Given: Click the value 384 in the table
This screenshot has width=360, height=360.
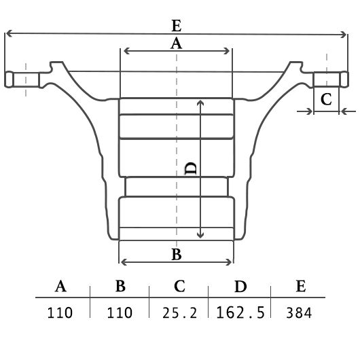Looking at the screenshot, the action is tap(299, 312).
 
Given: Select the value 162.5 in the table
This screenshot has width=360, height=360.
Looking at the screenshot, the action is tap(240, 312).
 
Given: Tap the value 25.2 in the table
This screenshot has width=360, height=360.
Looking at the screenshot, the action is tap(179, 312).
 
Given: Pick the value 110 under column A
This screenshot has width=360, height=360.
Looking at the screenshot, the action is tap(60, 312).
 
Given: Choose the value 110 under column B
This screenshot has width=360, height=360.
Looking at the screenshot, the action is tap(120, 312).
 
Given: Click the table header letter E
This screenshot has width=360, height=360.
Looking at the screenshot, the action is tap(301, 286).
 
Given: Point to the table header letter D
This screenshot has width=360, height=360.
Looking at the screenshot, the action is tap(240, 286).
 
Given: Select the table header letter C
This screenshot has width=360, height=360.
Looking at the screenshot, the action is tap(179, 286).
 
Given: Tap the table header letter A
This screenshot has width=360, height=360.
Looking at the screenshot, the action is tap(60, 286).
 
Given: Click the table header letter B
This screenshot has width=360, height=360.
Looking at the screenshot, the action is tap(120, 286).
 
